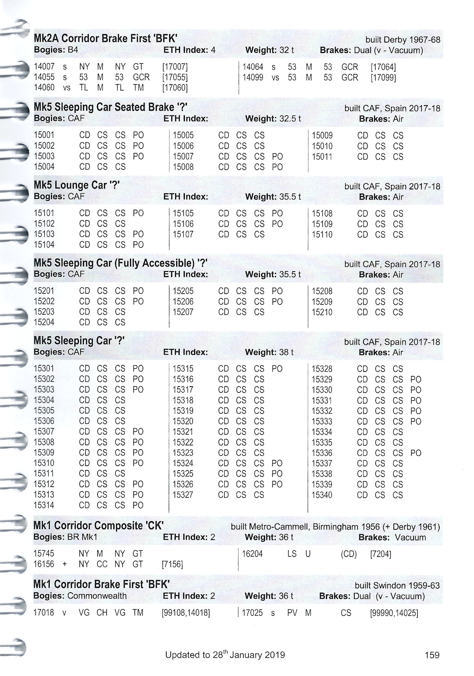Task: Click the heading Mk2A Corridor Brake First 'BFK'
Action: (105, 38)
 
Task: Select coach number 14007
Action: (44, 67)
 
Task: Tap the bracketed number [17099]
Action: (383, 77)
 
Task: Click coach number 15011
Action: (322, 157)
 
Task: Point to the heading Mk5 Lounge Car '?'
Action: (77, 185)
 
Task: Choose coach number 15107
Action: (183, 234)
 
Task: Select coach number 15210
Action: (322, 312)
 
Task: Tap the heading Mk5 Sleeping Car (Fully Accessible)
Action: (120, 263)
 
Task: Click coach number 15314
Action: (44, 505)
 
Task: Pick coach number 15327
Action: (183, 495)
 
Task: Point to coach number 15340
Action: (322, 495)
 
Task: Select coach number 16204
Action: (252, 554)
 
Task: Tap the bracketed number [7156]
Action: (172, 565)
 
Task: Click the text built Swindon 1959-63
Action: (397, 585)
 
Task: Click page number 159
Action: (432, 655)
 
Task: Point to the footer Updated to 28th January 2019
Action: (225, 655)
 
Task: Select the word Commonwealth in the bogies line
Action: (97, 596)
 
